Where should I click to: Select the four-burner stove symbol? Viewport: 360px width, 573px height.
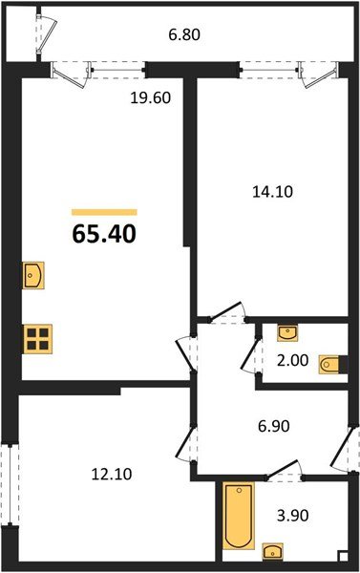coord(37,338)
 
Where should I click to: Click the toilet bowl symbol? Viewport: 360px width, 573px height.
coord(330,363)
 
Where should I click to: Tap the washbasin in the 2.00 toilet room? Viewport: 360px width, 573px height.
coord(286,332)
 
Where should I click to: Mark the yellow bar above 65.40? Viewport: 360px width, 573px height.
coord(105,212)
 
